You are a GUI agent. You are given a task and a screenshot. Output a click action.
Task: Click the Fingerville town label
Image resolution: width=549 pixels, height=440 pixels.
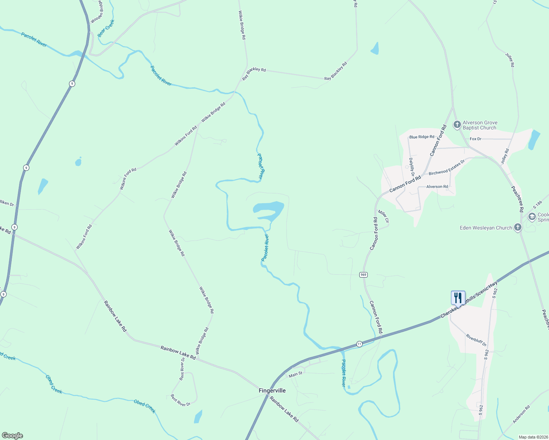click(x=272, y=390)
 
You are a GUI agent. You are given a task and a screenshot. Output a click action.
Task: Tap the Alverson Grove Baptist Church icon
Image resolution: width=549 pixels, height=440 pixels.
click(x=457, y=125)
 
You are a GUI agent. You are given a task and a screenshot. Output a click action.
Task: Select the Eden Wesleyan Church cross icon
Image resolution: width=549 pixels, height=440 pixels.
click(x=517, y=228)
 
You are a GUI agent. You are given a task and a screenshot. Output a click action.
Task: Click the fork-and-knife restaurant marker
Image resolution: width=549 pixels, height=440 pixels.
click(x=458, y=297)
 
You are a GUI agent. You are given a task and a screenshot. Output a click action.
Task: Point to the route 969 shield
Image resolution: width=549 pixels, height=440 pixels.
click(x=363, y=275)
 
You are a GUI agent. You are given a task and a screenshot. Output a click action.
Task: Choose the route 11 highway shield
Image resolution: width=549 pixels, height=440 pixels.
click(x=359, y=344)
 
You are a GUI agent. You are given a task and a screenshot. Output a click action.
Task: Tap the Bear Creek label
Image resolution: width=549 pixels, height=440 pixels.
click(x=106, y=28)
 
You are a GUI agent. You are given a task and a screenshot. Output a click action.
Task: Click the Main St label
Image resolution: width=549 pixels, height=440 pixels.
click(x=295, y=374)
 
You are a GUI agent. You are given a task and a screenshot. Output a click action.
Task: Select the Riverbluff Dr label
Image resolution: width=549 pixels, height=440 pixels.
click(x=476, y=340)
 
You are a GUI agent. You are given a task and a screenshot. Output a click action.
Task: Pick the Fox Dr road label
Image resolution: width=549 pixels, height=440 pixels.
click(x=475, y=139)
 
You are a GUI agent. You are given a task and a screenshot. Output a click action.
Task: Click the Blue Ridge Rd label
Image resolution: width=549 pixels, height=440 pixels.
click(x=422, y=137)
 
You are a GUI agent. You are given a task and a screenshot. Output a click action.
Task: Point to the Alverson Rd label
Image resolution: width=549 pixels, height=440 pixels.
click(x=437, y=187)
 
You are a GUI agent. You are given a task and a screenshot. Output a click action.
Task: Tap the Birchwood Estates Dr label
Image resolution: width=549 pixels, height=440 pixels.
click(x=447, y=167)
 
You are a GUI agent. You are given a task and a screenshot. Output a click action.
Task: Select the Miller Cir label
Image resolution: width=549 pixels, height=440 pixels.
click(x=383, y=216)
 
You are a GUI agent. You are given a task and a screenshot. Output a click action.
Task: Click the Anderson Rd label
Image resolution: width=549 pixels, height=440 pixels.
click(x=521, y=414)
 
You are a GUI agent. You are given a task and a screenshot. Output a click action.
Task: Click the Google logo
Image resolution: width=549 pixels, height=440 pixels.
click(x=12, y=436)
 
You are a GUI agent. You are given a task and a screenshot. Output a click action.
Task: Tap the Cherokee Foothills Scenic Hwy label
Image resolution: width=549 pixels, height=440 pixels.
click(x=469, y=300)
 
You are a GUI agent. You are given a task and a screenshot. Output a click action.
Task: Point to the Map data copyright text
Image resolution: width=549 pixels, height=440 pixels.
click(x=533, y=437)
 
